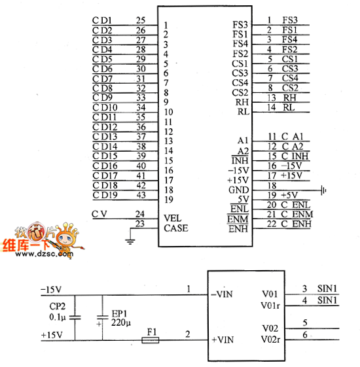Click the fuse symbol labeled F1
pos(151,340)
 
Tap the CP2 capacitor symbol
pos(75,318)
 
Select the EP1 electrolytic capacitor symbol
pos(102,317)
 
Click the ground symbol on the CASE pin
pos(130,241)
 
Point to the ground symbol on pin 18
pos(323,190)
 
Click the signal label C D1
pos(102,20)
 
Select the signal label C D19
pos(105,195)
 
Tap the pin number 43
pos(141,195)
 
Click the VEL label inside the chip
pos(173,218)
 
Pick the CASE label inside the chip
pos(176,228)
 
